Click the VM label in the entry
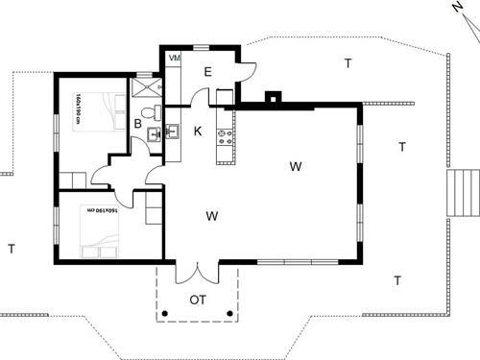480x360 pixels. pos(175,59)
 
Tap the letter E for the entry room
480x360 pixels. pos(207,71)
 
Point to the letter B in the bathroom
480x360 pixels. pos(138,124)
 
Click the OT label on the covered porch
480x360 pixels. pos(198,300)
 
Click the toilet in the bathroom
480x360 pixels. pos(153,135)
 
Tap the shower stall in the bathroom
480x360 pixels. pos(146,86)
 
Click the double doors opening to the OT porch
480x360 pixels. pos(196,272)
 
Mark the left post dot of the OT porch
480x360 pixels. pos(165,315)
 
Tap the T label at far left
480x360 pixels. pos(12,249)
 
